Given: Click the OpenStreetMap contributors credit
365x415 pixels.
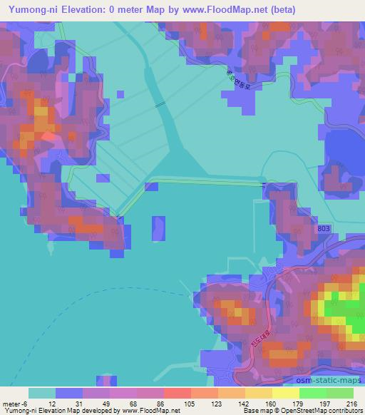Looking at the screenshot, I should (x=321, y=411).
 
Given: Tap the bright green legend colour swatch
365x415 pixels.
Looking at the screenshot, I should (x=312, y=393).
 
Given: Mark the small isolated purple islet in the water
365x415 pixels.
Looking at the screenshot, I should (x=158, y=229).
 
